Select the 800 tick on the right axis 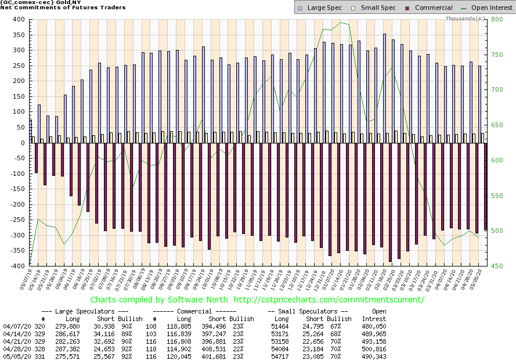click(x=497, y=19)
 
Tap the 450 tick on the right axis click(x=497, y=266)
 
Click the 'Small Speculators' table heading click(x=310, y=311)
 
